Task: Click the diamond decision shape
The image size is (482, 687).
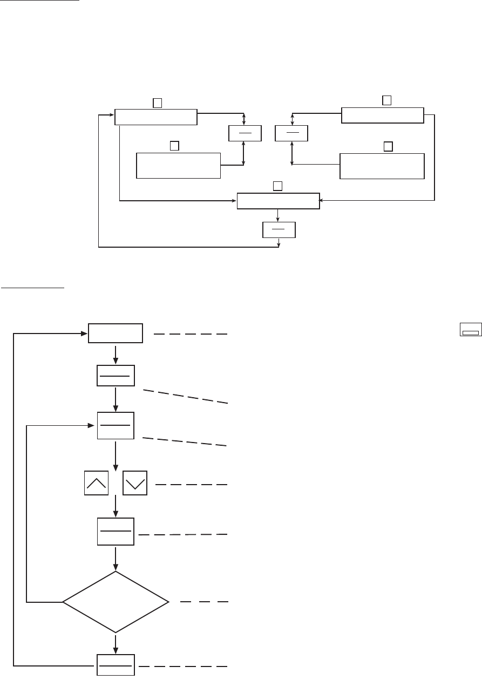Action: pyautogui.click(x=116, y=602)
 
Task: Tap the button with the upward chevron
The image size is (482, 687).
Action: pyautogui.click(x=97, y=482)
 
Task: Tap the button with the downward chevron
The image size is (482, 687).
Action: pyautogui.click(x=135, y=482)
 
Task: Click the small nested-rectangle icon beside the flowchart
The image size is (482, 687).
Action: pyautogui.click(x=470, y=331)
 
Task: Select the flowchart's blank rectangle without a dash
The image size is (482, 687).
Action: pyautogui.click(x=116, y=334)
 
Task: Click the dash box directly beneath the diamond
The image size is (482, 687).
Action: pyautogui.click(x=116, y=665)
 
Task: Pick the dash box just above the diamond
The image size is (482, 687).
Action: pyautogui.click(x=116, y=530)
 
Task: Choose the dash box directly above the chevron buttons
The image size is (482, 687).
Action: pyautogui.click(x=116, y=425)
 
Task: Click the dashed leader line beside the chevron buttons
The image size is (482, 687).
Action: pyautogui.click(x=192, y=485)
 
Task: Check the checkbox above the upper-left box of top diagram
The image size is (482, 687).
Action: pyautogui.click(x=157, y=101)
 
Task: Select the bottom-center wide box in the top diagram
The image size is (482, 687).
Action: pyautogui.click(x=279, y=201)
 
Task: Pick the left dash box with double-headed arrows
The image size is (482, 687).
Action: pyautogui.click(x=245, y=133)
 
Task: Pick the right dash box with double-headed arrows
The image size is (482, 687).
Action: pyautogui.click(x=291, y=133)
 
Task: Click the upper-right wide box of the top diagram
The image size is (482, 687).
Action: pyautogui.click(x=383, y=115)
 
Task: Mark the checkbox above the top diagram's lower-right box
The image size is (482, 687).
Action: pyautogui.click(x=387, y=146)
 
